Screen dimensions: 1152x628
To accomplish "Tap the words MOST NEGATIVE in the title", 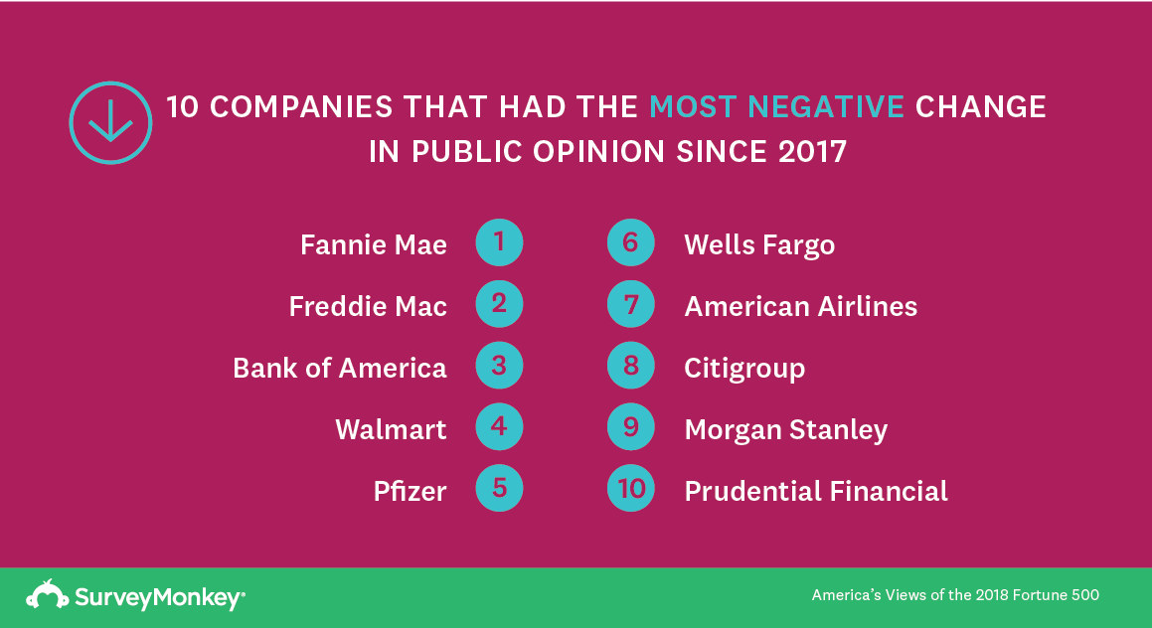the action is (776, 107).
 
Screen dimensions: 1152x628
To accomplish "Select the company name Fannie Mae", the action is (373, 244).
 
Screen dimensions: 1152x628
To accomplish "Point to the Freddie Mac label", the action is (368, 306).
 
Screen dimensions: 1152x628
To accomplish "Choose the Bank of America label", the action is (339, 368).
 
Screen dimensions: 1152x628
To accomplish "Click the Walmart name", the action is (391, 429).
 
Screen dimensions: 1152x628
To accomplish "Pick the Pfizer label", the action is (410, 491).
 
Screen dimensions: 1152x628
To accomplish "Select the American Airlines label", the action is (801, 306).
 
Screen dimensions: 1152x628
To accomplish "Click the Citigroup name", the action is (744, 369).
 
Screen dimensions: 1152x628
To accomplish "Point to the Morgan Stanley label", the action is (786, 430).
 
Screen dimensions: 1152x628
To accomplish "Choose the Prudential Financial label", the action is (816, 491).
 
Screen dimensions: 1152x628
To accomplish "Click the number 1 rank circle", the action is (499, 242).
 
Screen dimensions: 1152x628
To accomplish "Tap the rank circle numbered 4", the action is (499, 426).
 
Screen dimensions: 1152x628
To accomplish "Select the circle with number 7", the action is (630, 304).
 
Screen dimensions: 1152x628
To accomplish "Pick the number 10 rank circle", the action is (630, 489).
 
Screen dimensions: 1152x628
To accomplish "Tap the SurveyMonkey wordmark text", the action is (159, 598).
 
